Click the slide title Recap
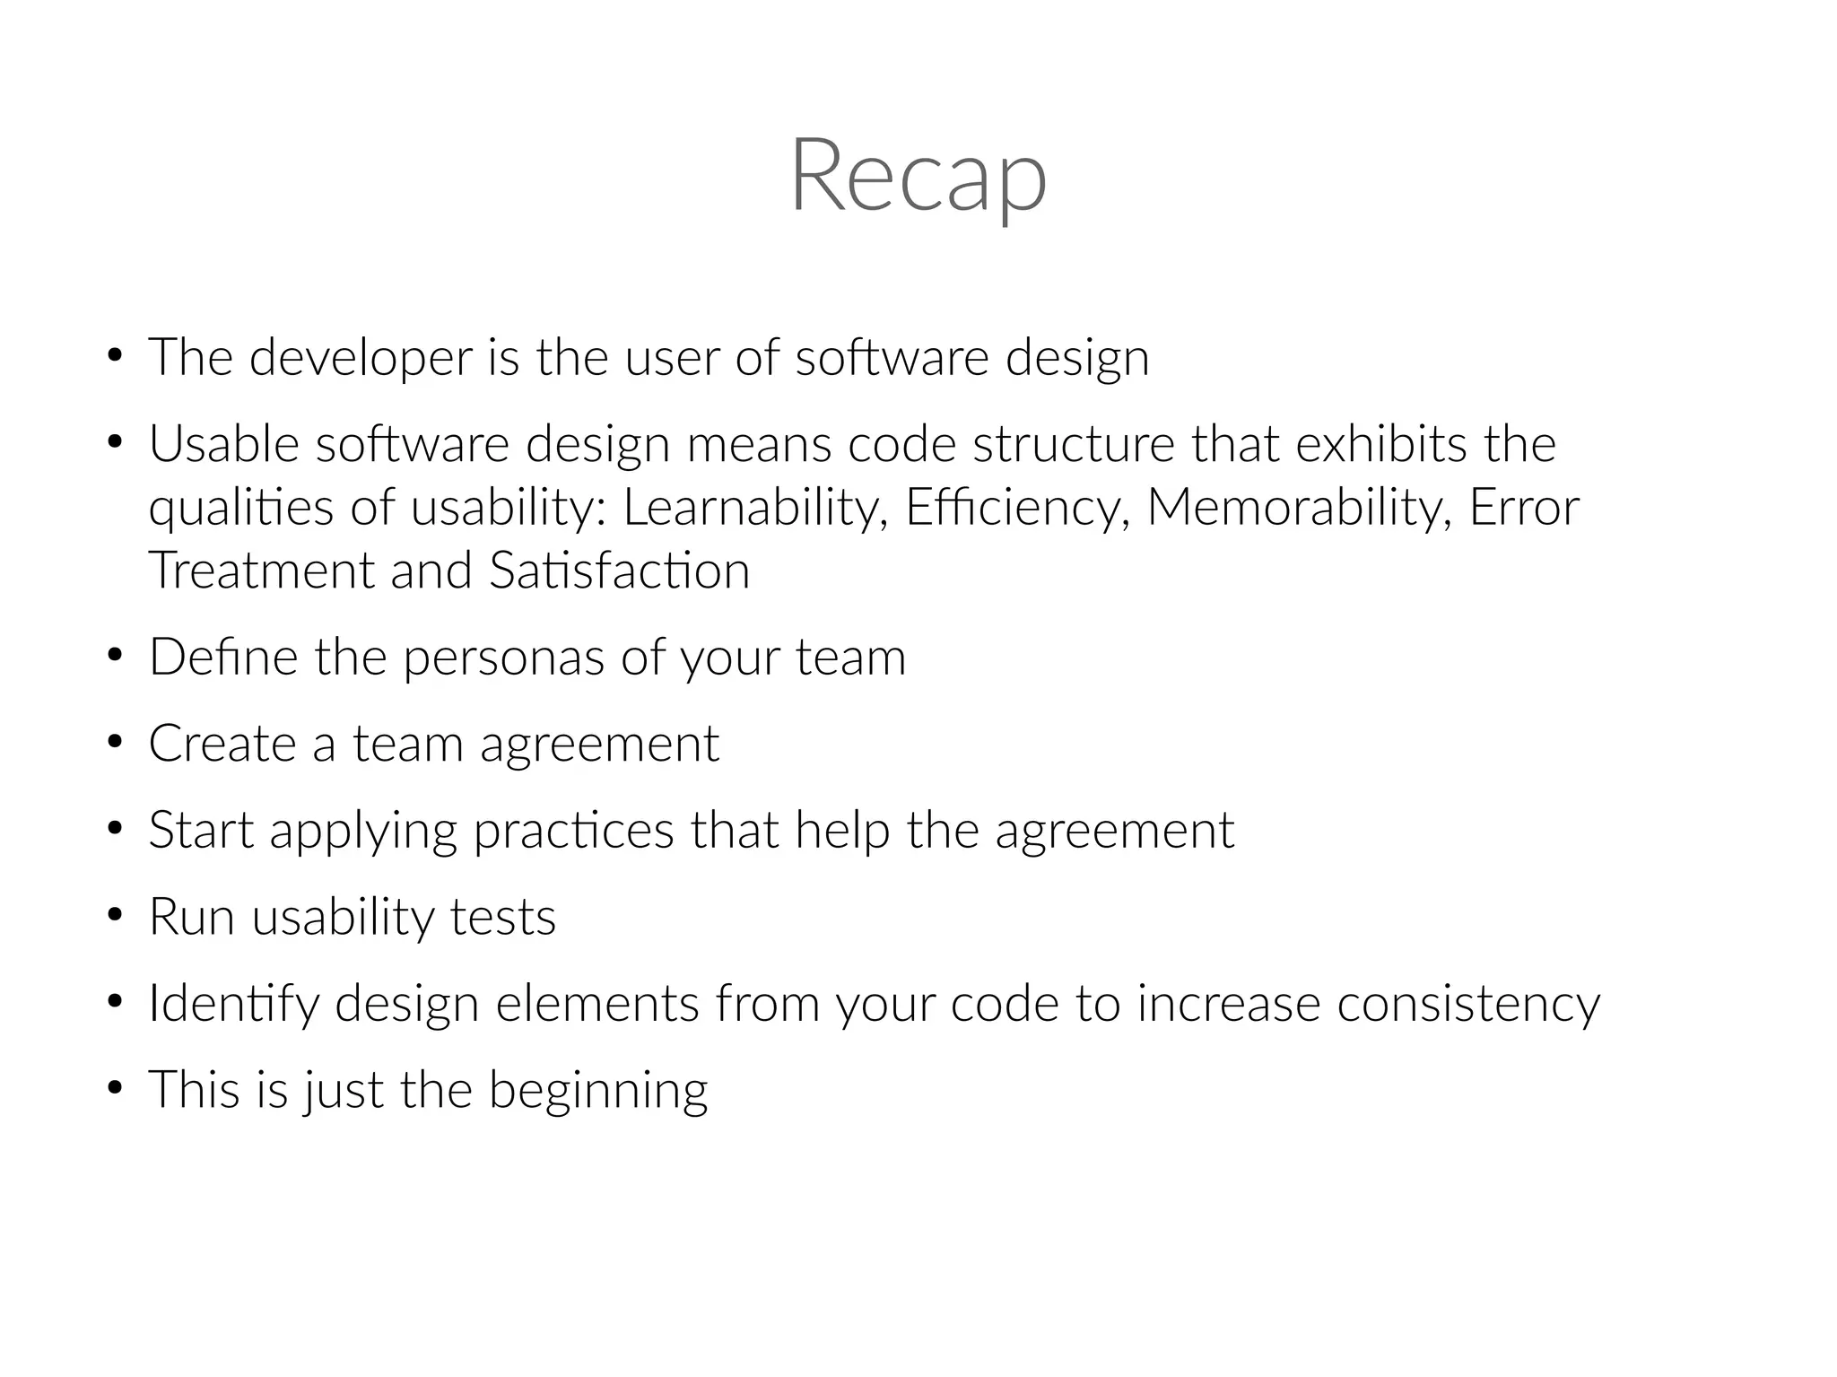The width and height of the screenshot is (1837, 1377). [918, 176]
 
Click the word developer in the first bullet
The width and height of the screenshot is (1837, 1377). [361, 358]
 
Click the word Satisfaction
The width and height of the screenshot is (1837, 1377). [620, 571]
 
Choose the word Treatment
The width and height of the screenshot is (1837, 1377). [260, 571]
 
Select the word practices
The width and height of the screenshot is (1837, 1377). [574, 831]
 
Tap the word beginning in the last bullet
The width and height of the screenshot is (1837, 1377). [598, 1091]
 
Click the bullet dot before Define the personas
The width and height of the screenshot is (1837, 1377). [114, 657]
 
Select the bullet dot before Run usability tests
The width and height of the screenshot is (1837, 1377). [114, 917]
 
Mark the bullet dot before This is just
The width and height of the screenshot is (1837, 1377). [114, 1089]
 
